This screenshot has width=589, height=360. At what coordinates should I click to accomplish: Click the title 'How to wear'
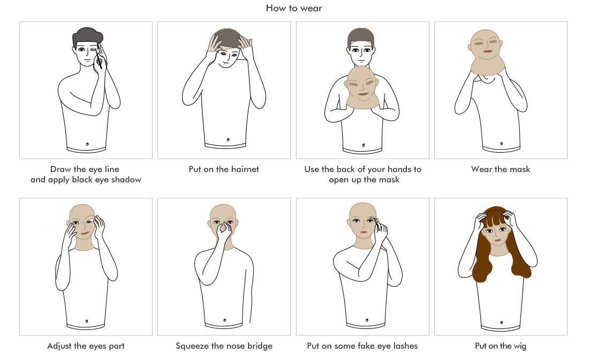point(294,8)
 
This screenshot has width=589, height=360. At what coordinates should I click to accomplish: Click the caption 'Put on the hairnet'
point(224,169)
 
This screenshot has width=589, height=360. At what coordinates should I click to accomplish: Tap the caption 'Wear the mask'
point(501,169)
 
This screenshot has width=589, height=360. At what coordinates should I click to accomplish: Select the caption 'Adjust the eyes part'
point(86,346)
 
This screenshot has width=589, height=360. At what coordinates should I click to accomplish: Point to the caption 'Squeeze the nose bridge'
point(224,346)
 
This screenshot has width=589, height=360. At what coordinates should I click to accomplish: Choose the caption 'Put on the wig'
point(500,346)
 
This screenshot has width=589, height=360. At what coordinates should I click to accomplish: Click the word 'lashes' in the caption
point(406,346)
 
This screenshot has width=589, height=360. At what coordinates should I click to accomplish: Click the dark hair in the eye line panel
point(87,36)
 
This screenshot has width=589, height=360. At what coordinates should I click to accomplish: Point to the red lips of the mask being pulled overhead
point(487,51)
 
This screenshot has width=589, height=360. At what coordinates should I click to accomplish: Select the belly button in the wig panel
point(502,322)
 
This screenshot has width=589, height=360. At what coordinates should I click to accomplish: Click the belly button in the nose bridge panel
point(225,320)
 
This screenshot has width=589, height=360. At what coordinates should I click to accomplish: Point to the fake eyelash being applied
point(373,218)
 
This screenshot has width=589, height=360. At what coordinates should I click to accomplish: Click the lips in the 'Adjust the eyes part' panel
point(85,233)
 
